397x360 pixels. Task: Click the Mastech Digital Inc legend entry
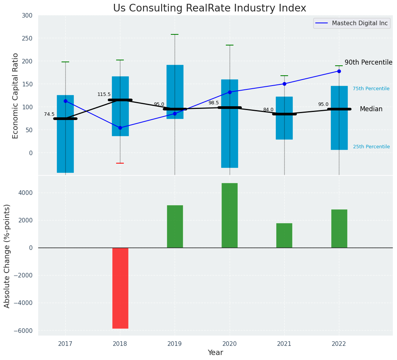coord(351,23)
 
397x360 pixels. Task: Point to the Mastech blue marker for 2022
coord(339,71)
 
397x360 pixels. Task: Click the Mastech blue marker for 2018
coord(120,128)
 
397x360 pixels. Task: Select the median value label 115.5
coord(104,94)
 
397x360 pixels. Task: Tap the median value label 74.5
coord(49,114)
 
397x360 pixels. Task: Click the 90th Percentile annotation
coord(368,62)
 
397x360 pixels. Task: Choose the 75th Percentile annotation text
coord(371,89)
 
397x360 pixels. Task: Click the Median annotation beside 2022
coord(371,109)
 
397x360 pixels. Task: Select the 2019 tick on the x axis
coord(175,344)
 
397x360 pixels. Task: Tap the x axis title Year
coord(216,353)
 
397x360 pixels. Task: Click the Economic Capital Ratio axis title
coord(16,96)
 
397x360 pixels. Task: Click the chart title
coord(209,8)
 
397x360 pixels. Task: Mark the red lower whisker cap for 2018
coord(120,163)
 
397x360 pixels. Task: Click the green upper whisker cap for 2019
coord(175,34)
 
